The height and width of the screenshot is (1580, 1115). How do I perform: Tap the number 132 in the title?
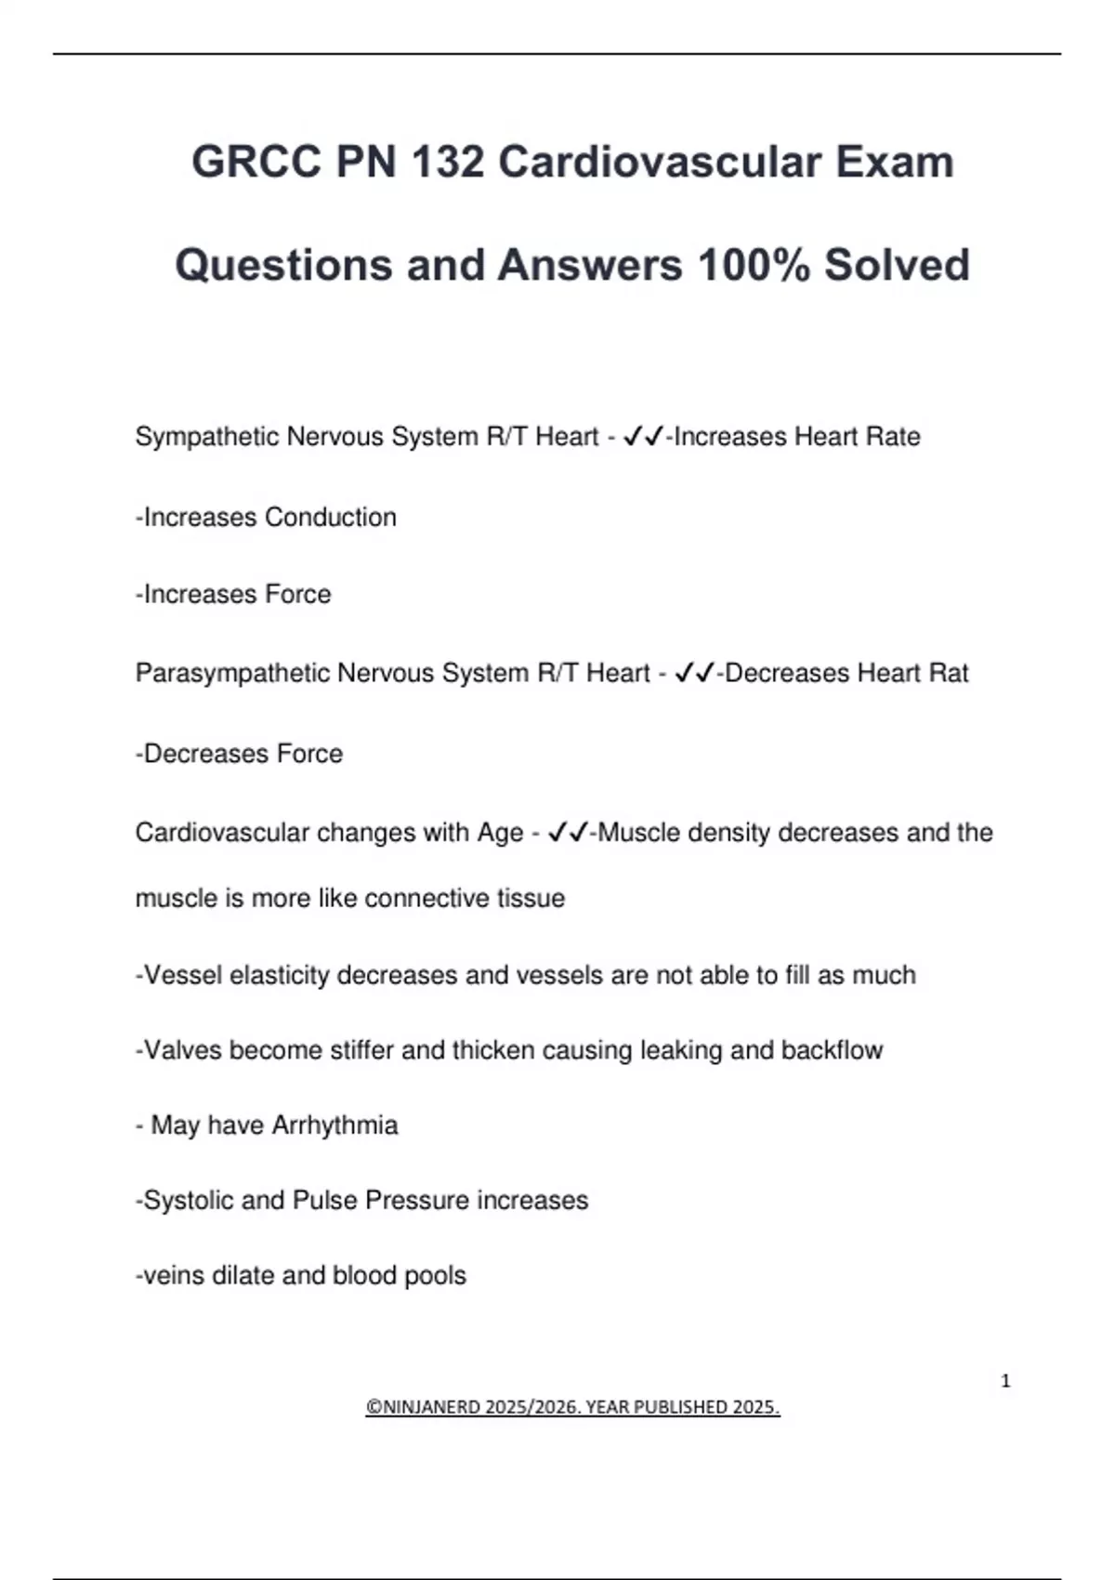point(448,162)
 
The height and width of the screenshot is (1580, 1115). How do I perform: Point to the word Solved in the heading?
point(897,265)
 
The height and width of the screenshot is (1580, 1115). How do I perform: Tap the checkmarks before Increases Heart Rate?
point(643,437)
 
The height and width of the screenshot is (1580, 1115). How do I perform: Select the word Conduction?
point(331,517)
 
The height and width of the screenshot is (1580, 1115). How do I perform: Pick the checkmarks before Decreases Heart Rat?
point(694,673)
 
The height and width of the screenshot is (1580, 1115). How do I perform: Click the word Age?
point(500,833)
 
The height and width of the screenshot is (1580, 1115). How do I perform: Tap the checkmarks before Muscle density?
point(568,833)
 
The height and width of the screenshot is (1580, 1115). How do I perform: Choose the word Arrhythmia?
point(334,1126)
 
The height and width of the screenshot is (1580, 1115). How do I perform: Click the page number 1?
point(1005,1381)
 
